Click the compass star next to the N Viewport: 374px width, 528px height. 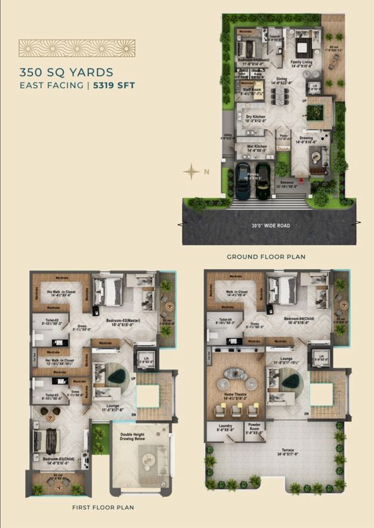pos(191,172)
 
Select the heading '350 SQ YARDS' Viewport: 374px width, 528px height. pos(66,72)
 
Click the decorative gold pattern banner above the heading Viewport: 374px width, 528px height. pos(77,48)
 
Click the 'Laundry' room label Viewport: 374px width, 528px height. pos(224,427)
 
